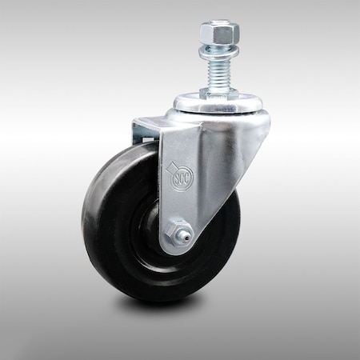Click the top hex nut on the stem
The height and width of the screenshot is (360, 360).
pos(219,33)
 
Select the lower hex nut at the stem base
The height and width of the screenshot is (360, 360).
pos(218,93)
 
